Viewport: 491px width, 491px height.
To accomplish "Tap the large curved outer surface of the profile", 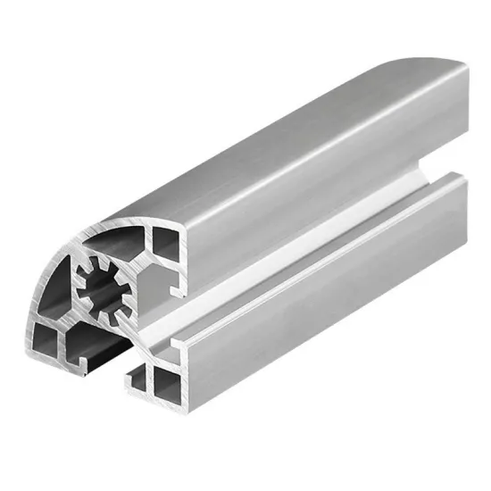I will coord(268,134).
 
